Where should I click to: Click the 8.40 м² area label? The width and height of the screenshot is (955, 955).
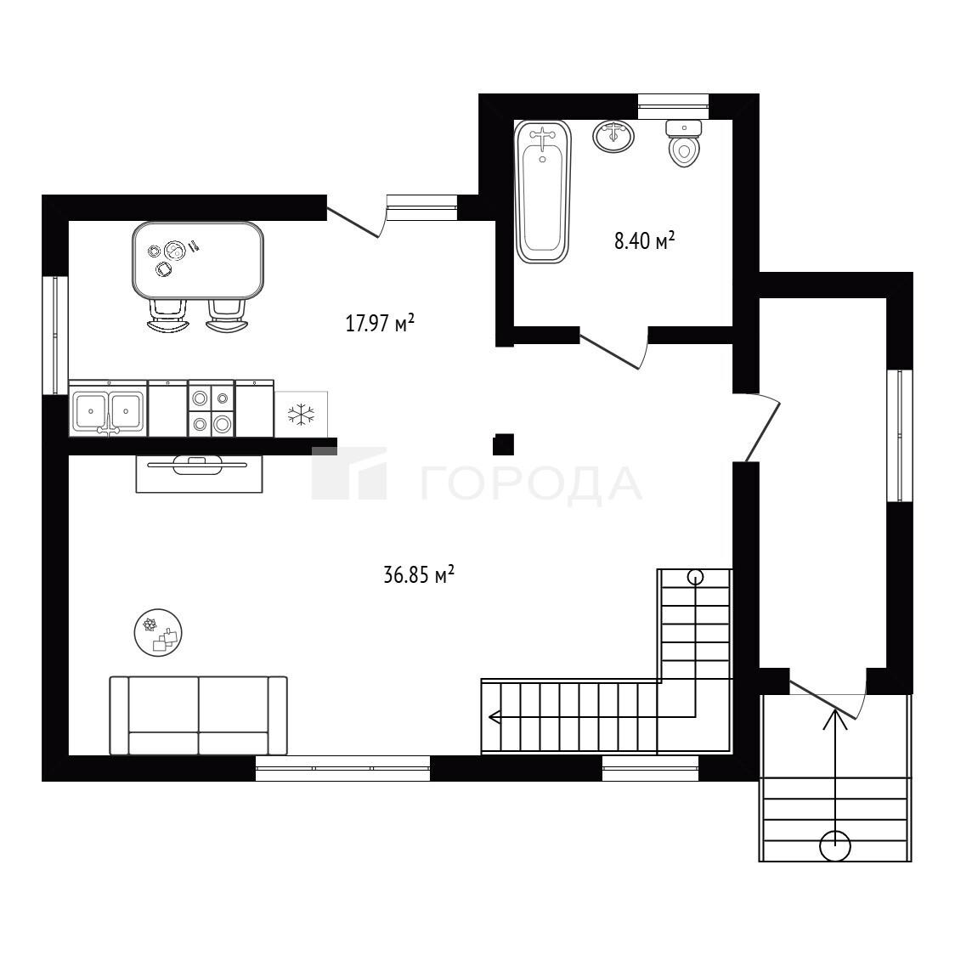click(x=644, y=240)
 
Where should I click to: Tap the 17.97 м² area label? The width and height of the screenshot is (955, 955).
click(x=380, y=322)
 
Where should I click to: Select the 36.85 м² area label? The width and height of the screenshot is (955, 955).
click(x=419, y=574)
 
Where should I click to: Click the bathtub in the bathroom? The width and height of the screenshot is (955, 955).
click(x=543, y=191)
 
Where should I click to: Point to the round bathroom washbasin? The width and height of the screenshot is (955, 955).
click(x=613, y=136)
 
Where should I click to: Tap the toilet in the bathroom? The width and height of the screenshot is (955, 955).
click(x=683, y=143)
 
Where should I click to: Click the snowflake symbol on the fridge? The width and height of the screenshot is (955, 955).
click(x=301, y=415)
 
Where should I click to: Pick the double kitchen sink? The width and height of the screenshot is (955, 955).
click(x=109, y=409)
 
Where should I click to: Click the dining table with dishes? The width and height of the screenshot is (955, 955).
click(x=198, y=260)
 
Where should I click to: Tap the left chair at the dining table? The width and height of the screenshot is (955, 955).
click(x=167, y=316)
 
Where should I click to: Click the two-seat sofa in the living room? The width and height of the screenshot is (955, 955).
click(x=199, y=715)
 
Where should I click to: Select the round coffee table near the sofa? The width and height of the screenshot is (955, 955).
click(x=158, y=632)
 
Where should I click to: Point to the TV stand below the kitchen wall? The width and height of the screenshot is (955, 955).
click(x=199, y=474)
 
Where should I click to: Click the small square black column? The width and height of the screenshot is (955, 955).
click(x=504, y=444)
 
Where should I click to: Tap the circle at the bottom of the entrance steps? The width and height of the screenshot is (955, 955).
click(x=835, y=846)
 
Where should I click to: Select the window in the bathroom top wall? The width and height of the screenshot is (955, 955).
click(x=673, y=106)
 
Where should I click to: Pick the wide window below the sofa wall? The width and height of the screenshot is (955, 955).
click(x=343, y=769)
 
